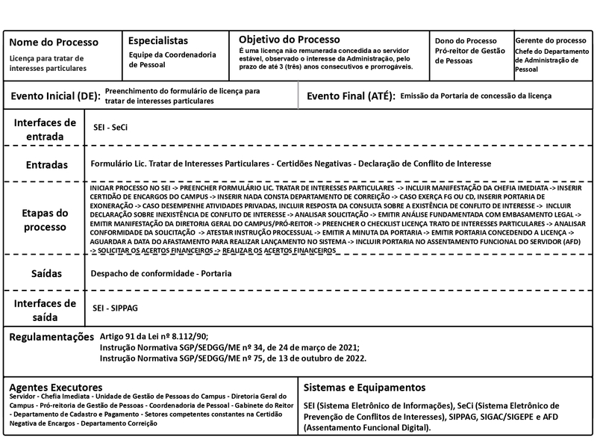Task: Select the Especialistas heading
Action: click(158, 41)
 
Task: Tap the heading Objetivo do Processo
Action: click(289, 39)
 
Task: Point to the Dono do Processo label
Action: click(465, 40)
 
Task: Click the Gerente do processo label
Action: click(551, 40)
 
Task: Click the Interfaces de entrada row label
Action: click(45, 129)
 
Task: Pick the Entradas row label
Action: click(46, 164)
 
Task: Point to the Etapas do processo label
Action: click(45, 220)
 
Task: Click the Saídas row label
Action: click(46, 274)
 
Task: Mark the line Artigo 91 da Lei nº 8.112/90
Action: click(154, 337)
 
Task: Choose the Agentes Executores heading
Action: click(56, 388)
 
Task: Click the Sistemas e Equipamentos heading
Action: click(365, 388)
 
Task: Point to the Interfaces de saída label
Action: click(45, 309)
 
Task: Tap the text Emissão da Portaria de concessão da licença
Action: click(476, 96)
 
